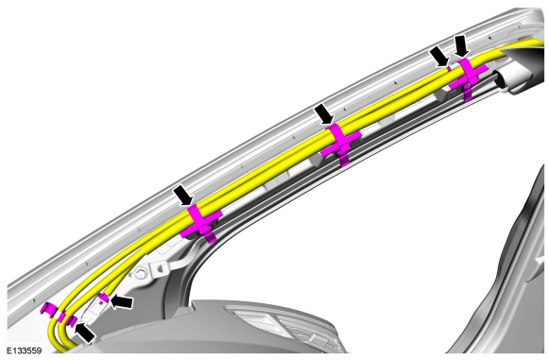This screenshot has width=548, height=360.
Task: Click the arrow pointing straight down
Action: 462,45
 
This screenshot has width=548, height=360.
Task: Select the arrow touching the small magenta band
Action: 439,57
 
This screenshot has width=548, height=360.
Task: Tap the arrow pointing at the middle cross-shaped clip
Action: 324,114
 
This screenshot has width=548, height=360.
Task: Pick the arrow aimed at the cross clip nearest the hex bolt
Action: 183,196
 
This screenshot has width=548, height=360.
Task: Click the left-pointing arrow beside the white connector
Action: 122,302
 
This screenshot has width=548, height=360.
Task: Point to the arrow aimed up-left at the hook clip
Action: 85,334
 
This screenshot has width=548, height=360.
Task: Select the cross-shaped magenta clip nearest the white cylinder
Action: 468,77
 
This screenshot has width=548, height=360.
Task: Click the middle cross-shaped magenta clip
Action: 341,144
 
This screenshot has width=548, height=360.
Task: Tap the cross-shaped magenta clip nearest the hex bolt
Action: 202,224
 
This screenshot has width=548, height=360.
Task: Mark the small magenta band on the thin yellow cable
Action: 449,68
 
